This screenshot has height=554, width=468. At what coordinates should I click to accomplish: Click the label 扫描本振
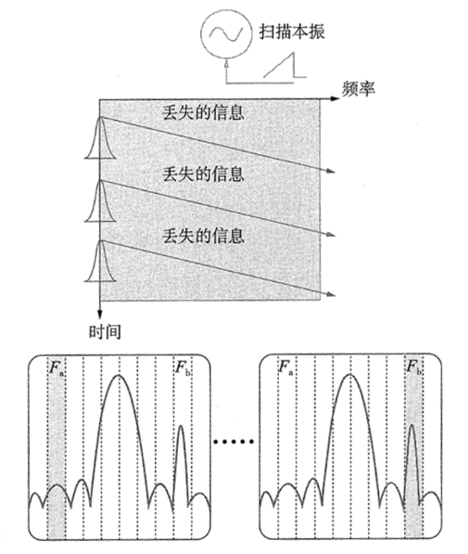(x=292, y=32)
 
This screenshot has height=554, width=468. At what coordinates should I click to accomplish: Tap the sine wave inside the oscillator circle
(x=226, y=32)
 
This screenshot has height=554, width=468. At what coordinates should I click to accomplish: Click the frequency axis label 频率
(x=358, y=89)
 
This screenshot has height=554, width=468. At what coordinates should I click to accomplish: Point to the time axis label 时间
(x=105, y=331)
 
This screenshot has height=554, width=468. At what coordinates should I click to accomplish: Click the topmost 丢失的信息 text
(x=203, y=112)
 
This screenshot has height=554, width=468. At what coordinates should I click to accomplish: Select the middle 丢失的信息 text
(x=203, y=174)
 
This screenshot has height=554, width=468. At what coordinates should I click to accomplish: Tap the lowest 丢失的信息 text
(x=203, y=236)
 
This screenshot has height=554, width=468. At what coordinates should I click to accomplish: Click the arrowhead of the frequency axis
(x=335, y=98)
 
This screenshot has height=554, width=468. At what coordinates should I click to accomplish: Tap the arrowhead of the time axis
(x=100, y=314)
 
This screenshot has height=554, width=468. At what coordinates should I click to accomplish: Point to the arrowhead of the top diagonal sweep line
(x=330, y=172)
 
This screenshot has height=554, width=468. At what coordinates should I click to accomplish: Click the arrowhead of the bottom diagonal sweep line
(x=330, y=294)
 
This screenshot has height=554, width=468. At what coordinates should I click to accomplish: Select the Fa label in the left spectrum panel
(x=57, y=367)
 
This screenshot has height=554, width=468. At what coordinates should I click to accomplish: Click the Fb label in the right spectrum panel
(x=414, y=367)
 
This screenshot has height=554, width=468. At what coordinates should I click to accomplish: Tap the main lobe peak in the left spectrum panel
(x=120, y=375)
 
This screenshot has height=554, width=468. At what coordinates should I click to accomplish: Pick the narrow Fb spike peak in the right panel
(x=411, y=425)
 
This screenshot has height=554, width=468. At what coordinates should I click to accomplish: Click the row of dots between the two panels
(x=234, y=442)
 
